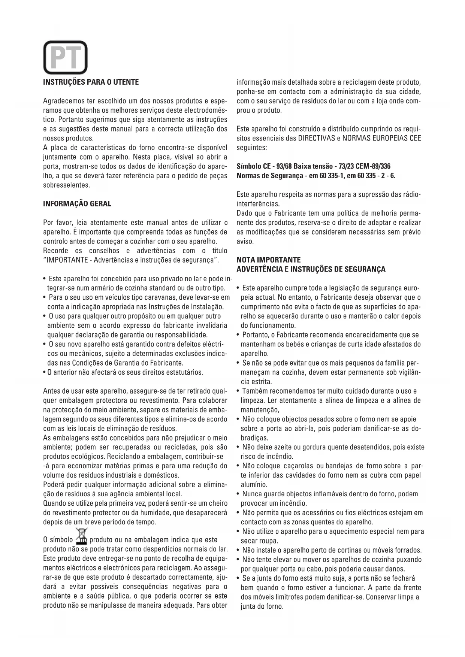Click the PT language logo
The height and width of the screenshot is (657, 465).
tap(65, 57)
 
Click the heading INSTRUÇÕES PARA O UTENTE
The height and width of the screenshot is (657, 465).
tap(91, 82)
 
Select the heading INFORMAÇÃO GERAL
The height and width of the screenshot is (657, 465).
tap(77, 204)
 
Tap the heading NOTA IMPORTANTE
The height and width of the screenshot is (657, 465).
tap(269, 260)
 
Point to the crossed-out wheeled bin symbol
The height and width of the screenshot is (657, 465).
tap(81, 536)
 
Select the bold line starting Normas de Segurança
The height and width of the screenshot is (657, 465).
tap(316, 176)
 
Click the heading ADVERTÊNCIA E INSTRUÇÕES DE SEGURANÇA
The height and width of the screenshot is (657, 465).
tap(311, 269)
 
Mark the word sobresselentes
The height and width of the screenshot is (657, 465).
tap(66, 185)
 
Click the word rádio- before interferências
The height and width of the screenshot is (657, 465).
tap(411, 195)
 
